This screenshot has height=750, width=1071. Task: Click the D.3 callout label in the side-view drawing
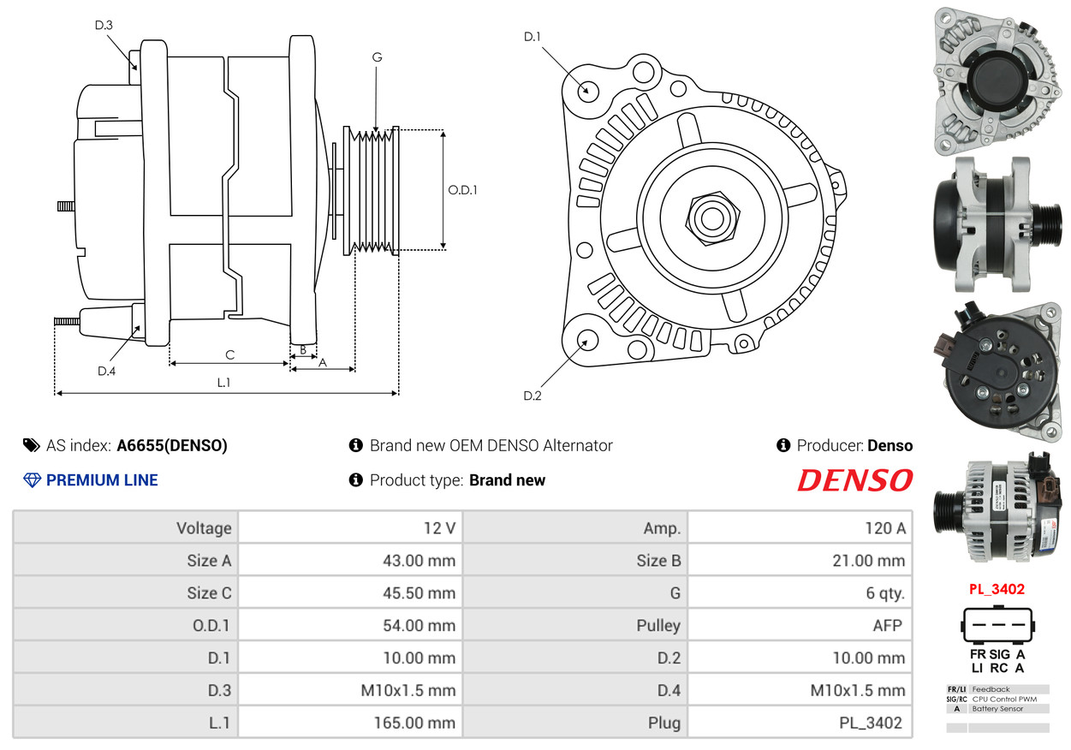tap(104, 25)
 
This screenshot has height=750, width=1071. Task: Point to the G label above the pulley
tap(378, 57)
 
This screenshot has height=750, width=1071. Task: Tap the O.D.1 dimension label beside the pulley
tap(462, 190)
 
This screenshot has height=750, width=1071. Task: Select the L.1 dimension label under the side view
tap(223, 383)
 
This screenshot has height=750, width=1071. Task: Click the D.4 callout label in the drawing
tap(106, 371)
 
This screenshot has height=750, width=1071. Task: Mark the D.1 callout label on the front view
tap(533, 37)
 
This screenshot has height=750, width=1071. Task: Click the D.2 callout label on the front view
tap(533, 396)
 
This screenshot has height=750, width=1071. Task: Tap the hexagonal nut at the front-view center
tap(712, 219)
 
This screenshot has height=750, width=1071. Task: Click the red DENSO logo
tap(855, 480)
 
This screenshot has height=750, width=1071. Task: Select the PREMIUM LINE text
tap(102, 480)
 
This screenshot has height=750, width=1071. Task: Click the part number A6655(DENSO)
tap(172, 445)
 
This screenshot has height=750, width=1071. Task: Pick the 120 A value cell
tap(885, 528)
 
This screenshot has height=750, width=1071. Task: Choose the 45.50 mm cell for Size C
tap(419, 593)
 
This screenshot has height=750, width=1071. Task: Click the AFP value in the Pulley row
tap(888, 626)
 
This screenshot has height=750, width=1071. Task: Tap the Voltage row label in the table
tap(204, 528)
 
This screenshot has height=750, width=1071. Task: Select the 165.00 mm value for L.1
tap(414, 723)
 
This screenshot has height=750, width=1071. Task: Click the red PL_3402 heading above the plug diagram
tap(997, 589)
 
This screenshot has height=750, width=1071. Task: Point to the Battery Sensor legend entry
tap(997, 709)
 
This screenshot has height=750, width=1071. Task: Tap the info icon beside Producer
tap(783, 445)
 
